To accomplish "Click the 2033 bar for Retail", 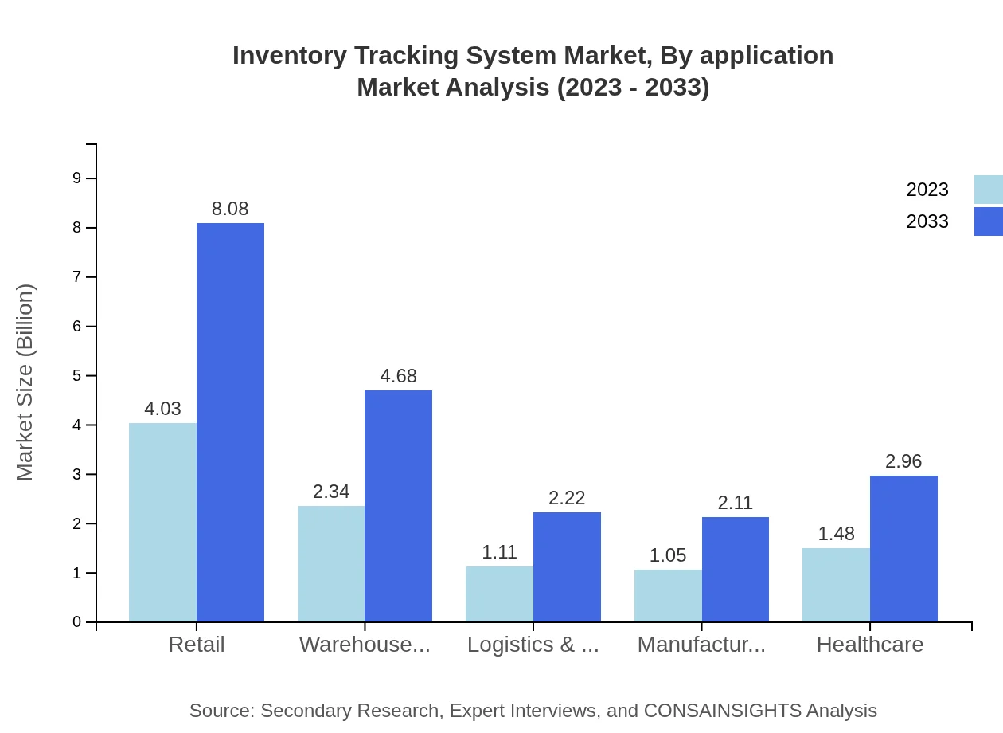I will click(230, 422).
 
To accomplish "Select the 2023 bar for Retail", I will click(162, 522).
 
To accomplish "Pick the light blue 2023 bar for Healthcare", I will click(836, 585).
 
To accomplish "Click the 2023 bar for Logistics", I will click(499, 594).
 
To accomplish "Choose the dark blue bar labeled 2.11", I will click(735, 569).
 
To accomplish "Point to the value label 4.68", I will click(398, 376).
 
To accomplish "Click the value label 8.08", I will click(230, 209).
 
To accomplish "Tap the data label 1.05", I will click(667, 555).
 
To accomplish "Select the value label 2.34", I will click(331, 492).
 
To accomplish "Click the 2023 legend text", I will click(927, 190).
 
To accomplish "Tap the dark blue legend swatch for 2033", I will click(988, 221).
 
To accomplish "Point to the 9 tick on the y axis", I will click(77, 178).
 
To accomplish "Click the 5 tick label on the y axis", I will click(77, 376).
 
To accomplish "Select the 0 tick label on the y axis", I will click(77, 622).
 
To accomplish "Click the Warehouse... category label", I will click(365, 645).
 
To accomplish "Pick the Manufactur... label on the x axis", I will click(701, 645).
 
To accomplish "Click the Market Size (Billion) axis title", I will click(25, 382).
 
